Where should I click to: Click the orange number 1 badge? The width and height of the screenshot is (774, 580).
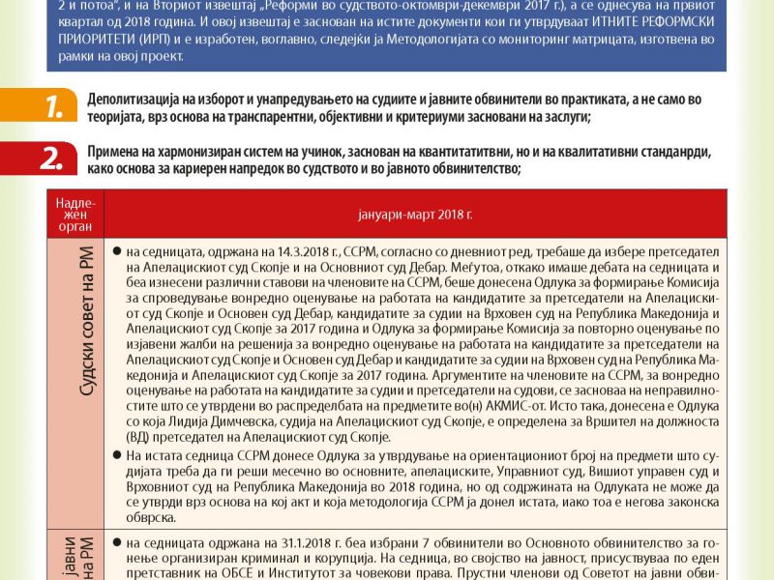(x=46, y=107)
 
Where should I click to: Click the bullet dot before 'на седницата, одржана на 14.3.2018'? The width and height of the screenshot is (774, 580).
(x=116, y=250)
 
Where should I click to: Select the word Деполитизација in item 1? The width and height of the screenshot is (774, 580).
(x=134, y=100)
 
